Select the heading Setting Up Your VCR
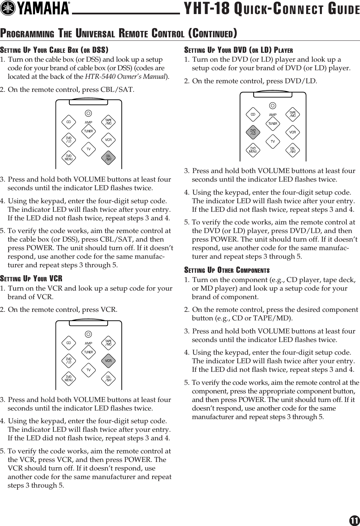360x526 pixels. pos(31,278)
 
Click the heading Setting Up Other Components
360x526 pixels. pos(227,270)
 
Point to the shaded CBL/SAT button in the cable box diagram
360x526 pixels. pos(108,158)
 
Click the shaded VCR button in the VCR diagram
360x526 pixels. pos(108,360)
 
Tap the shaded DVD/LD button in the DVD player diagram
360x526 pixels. pos(253,132)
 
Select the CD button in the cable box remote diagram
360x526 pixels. pos(69,122)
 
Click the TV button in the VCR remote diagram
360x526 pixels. pos(88,370)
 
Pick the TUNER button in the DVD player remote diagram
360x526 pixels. pos(273,124)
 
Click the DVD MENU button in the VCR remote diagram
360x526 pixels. pos(69,379)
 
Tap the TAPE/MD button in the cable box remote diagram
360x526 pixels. pos(108,122)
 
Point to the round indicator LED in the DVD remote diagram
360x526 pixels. pos(273,106)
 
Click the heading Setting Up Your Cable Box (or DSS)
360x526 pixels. pos(54,50)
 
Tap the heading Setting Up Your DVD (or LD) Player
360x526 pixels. pos(239,50)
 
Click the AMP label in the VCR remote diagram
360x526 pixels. pos(88,343)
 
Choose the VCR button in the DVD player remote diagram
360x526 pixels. pos(293,132)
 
